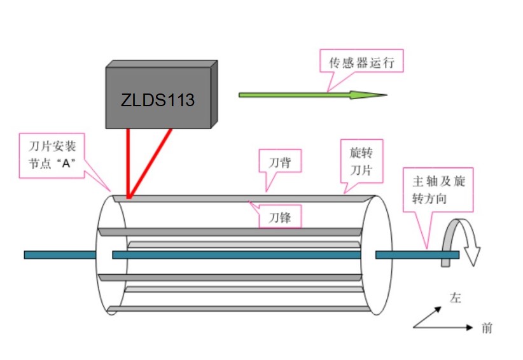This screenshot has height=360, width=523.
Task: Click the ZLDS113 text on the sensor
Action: [157, 100]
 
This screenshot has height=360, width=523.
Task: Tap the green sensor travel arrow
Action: [313, 95]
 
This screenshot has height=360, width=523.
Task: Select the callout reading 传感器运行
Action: [361, 62]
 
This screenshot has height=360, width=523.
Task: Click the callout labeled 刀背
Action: [280, 162]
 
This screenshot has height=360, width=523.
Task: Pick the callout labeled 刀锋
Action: [280, 217]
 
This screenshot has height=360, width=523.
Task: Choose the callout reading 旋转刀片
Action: [361, 162]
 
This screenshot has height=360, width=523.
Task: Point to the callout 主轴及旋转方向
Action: [438, 190]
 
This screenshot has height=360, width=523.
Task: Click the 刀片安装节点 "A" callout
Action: [52, 156]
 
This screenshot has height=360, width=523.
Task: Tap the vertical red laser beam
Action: [128, 163]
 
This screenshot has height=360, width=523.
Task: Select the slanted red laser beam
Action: [150, 163]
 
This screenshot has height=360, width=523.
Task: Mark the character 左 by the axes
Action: [456, 298]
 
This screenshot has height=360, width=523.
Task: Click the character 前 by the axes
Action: [487, 328]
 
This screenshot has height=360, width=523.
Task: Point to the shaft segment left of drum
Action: [60, 255]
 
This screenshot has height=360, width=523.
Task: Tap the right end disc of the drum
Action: [377, 255]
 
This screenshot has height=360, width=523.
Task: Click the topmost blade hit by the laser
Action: [244, 198]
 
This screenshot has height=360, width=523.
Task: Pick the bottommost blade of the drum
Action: [239, 309]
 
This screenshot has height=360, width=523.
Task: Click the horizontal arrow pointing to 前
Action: [443, 328]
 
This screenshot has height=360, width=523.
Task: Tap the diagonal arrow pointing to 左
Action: [428, 317]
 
